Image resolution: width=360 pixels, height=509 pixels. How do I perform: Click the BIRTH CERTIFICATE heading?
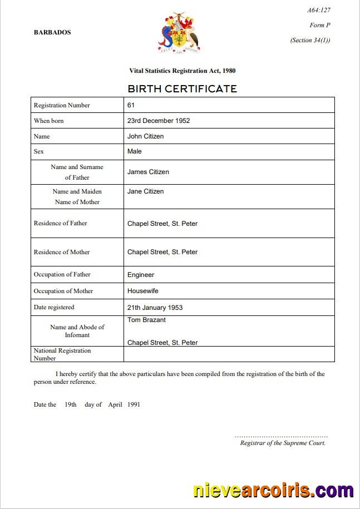click(182, 88)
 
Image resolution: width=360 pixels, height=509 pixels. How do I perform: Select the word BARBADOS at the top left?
click(52, 32)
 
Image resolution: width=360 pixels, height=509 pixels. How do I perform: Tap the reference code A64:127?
click(319, 11)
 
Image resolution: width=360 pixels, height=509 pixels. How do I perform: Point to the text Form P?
click(320, 25)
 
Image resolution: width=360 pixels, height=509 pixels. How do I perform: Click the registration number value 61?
click(131, 105)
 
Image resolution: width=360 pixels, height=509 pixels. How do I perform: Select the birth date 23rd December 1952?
click(159, 120)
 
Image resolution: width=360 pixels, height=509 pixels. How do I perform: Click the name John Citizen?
click(145, 136)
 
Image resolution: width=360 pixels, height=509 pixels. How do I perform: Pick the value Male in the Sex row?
click(135, 151)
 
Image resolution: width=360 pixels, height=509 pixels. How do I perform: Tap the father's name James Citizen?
click(148, 172)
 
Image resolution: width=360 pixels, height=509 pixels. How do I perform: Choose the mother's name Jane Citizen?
click(145, 191)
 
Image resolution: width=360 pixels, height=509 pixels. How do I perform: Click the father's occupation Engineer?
click(141, 275)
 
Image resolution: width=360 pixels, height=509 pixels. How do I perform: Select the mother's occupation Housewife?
click(143, 291)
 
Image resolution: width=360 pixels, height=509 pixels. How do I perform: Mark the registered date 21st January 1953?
click(155, 307)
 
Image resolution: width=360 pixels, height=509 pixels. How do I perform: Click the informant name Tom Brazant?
click(146, 320)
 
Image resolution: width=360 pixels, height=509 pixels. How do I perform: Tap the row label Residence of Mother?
click(62, 252)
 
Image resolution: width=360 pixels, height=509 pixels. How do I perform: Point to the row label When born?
click(49, 121)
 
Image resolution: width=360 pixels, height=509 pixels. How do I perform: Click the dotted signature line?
click(281, 437)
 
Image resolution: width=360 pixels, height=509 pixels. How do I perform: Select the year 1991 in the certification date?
click(134, 404)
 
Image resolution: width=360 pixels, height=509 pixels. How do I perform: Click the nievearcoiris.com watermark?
click(273, 491)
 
